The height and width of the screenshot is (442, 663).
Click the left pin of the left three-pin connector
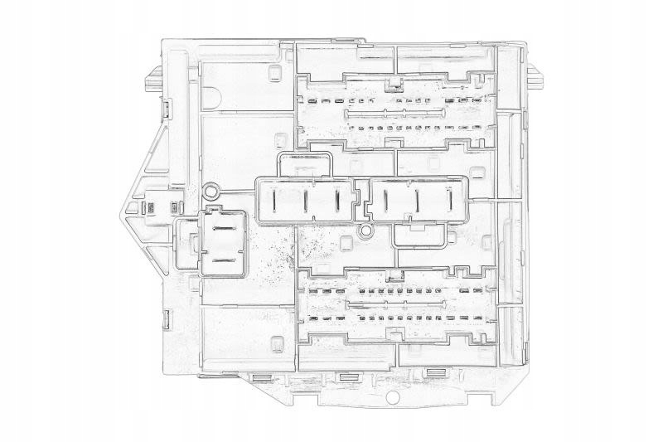[275, 200]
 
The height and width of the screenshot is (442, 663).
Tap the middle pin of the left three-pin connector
[306, 201]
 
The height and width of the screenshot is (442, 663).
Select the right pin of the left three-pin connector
[337, 200]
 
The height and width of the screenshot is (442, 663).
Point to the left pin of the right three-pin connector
[385, 200]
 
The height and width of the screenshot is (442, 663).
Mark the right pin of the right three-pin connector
[449, 200]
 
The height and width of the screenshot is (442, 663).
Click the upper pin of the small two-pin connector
[223, 230]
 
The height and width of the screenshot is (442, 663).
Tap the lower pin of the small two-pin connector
[223, 260]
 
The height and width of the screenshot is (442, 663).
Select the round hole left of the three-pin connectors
[211, 192]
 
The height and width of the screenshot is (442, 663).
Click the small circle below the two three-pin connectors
[365, 230]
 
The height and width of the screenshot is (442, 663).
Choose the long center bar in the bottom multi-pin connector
[390, 305]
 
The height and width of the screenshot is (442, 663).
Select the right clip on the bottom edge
[433, 372]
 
